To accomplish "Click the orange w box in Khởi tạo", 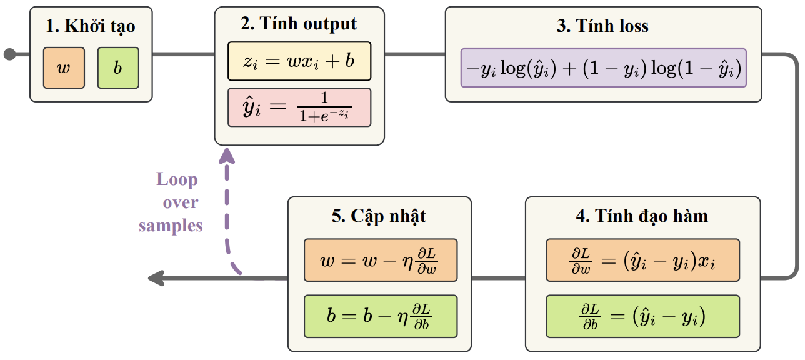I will [64, 67].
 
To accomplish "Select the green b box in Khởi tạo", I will [118, 67].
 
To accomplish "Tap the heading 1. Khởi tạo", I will [91, 26].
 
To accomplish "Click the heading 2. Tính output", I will [299, 24].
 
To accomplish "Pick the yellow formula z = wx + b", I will [299, 61].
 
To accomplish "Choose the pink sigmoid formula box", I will [299, 107].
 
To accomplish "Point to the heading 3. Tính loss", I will [602, 26].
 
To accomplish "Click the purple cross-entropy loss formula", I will [603, 67].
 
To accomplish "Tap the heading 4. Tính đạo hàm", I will [642, 216].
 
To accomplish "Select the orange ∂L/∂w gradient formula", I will [642, 259].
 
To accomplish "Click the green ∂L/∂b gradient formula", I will [642, 316].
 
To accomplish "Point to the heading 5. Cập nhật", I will [379, 216].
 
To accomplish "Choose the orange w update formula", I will [380, 259].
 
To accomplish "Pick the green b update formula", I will [380, 316].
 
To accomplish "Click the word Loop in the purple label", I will [177, 180].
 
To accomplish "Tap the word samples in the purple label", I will [171, 226].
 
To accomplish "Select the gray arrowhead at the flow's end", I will [155, 279].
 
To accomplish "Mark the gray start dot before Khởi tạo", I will [9, 54].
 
